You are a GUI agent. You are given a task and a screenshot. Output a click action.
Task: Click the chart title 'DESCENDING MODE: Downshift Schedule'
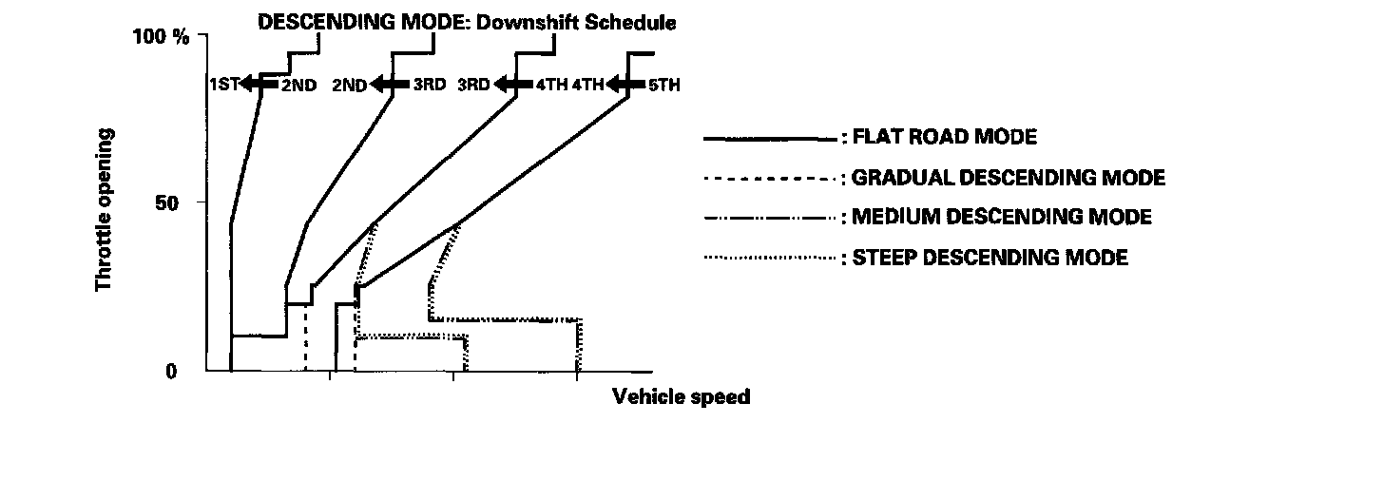[x=467, y=22]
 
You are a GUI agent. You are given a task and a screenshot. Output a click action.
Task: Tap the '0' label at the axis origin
[x=172, y=372]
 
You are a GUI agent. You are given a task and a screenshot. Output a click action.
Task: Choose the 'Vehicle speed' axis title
[x=681, y=396]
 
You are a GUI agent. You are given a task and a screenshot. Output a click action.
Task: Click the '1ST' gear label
[x=224, y=85]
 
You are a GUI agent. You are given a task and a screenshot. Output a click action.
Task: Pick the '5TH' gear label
[x=663, y=85]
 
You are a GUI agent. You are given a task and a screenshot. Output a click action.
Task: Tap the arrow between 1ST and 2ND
[x=258, y=85]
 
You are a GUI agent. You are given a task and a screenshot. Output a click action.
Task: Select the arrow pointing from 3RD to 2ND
[x=389, y=85]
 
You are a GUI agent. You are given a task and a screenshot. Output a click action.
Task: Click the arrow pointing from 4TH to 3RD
[x=513, y=85]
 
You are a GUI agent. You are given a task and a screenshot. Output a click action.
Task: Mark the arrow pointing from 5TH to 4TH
[x=625, y=85]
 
